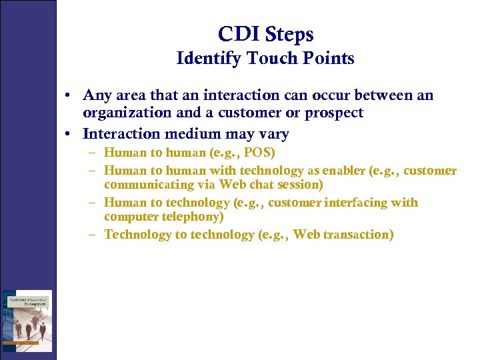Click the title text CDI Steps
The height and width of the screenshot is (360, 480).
(265, 34)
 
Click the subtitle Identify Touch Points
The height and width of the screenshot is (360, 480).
(265, 59)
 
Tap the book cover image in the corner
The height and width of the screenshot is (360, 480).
(27, 321)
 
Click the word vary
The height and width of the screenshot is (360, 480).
(276, 133)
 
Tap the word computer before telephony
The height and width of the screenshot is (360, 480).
(131, 217)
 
